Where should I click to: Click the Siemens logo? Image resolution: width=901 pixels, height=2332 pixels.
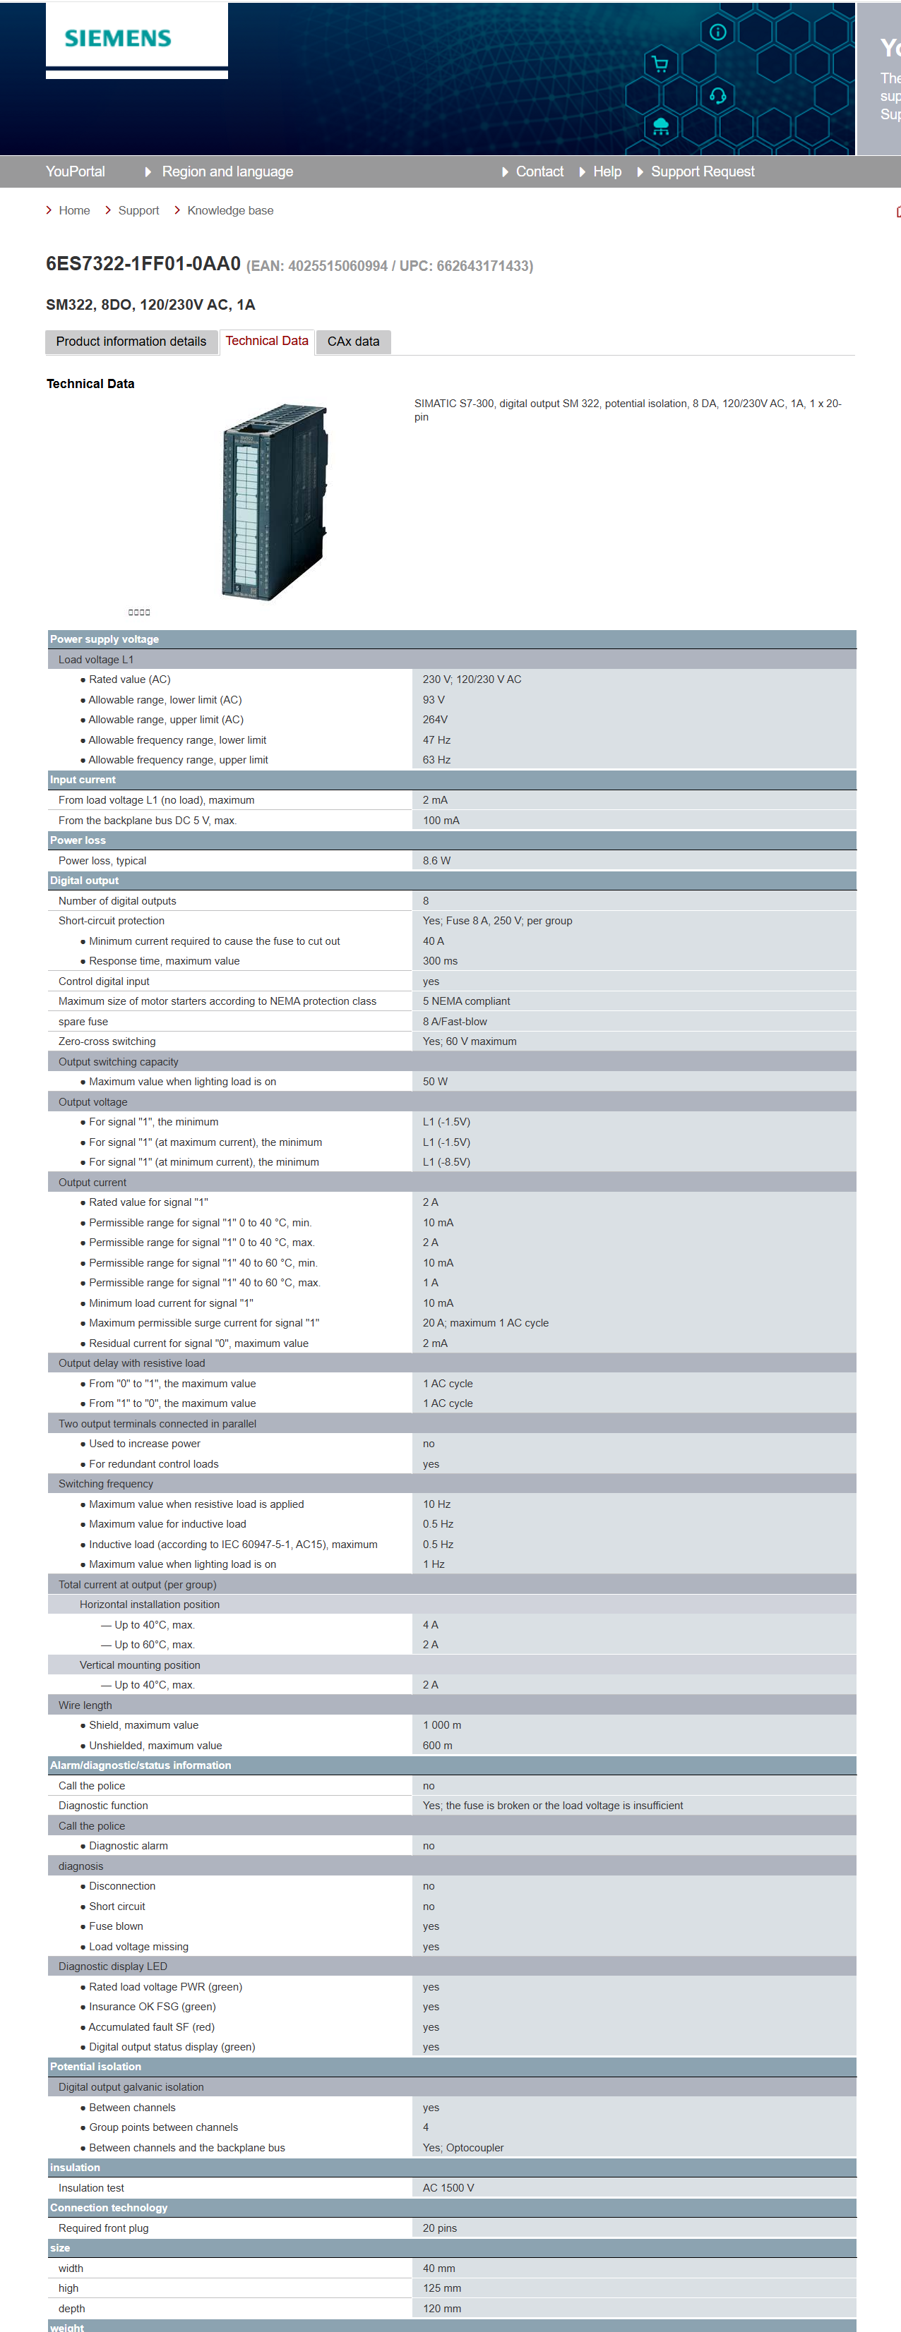click(x=118, y=38)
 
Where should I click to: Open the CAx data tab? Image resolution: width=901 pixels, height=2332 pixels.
click(x=353, y=342)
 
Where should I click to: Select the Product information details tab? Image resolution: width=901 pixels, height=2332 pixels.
click(x=131, y=342)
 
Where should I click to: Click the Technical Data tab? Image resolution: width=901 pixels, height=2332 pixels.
click(x=267, y=342)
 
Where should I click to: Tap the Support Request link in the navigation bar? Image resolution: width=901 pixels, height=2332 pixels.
click(x=702, y=171)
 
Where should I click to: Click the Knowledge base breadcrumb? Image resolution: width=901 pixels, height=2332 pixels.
click(x=230, y=210)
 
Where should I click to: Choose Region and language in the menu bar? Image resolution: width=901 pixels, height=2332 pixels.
click(x=227, y=171)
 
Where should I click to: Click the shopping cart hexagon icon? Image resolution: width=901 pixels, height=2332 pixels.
click(x=660, y=64)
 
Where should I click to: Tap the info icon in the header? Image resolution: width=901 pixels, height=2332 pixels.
click(x=718, y=32)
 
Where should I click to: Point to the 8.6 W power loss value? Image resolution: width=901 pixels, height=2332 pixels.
click(x=436, y=860)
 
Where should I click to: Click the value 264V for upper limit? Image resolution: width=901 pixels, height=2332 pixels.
click(x=435, y=720)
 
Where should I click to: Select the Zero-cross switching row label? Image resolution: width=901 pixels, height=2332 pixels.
click(x=107, y=1041)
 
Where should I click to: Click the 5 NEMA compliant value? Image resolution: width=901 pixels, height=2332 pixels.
click(x=466, y=1001)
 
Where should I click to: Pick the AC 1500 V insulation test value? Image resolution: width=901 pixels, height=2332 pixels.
click(x=448, y=2188)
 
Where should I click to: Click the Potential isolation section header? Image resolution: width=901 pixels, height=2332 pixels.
click(x=96, y=2067)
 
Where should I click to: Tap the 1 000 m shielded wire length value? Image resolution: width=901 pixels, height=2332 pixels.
click(x=442, y=1725)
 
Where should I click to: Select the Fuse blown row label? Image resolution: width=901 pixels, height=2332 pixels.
click(x=116, y=1926)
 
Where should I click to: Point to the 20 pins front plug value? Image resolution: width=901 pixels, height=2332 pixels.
click(x=439, y=2228)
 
